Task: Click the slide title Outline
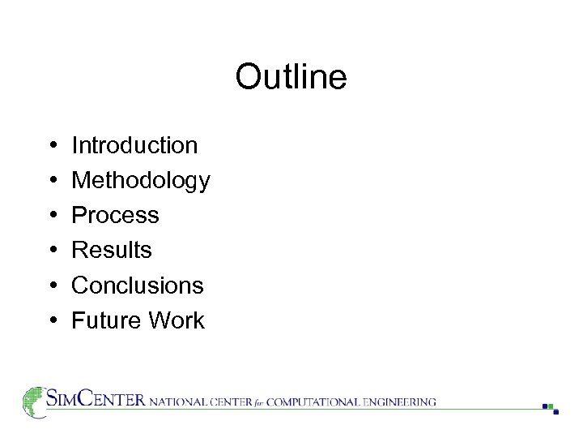click(x=291, y=78)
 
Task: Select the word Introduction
click(x=134, y=145)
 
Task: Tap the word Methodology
click(x=141, y=180)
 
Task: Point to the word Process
click(x=115, y=215)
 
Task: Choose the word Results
click(x=112, y=250)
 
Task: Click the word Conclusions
click(x=138, y=285)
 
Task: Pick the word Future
click(x=102, y=320)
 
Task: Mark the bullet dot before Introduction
click(x=52, y=146)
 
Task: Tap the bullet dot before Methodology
click(x=52, y=181)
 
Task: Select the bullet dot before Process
click(x=52, y=216)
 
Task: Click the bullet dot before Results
click(x=52, y=251)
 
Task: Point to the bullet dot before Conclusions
click(x=52, y=286)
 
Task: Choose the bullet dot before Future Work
click(x=52, y=321)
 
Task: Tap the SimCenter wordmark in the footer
click(x=96, y=400)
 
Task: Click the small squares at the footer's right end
click(x=551, y=408)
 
